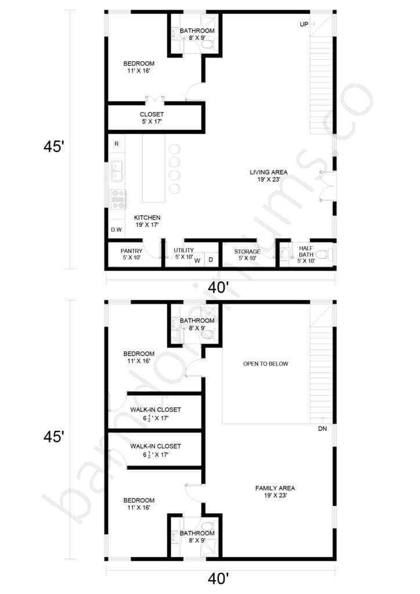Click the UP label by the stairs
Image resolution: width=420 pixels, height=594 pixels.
303,24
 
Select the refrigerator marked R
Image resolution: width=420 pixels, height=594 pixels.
116,143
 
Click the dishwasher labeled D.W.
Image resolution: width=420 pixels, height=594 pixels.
116,230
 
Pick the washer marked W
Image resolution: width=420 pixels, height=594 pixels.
197,260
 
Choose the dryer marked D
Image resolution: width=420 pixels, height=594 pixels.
211,260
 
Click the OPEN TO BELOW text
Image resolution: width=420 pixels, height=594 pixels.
265,364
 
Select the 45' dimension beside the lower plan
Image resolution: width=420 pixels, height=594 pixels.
53,437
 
